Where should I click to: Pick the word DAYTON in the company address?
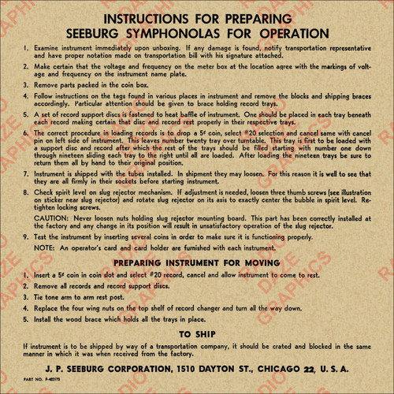point(217,370)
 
